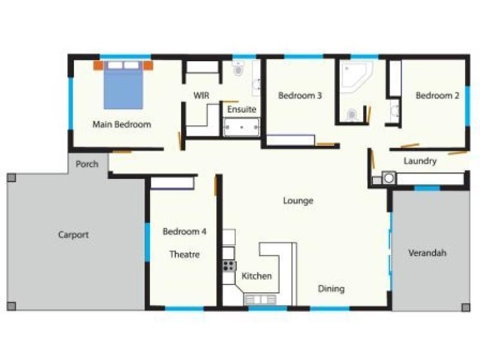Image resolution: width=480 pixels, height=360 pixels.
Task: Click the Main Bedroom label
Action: point(121,124)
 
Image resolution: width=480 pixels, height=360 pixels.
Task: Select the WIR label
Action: point(200,95)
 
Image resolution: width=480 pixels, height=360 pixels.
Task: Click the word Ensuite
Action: point(242,110)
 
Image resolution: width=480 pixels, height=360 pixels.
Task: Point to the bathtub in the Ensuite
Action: point(241,127)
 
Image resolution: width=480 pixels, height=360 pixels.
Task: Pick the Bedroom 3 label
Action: point(300,95)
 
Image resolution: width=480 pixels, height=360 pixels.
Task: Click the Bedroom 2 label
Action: point(437,95)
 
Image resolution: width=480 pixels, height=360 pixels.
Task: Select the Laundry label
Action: point(420,161)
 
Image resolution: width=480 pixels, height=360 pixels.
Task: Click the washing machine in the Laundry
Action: point(388,178)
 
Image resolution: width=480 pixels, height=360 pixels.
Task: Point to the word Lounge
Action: point(298,201)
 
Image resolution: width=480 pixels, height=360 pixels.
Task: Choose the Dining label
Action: point(331,289)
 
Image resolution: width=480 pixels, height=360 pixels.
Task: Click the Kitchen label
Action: point(257,276)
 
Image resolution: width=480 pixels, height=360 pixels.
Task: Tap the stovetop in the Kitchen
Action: point(229,266)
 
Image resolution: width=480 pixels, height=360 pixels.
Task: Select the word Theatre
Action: point(184,254)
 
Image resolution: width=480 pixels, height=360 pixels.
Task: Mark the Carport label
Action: point(73,235)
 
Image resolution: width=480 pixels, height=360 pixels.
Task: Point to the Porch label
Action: point(87,164)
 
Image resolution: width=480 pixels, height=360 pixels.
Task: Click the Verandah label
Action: point(427,253)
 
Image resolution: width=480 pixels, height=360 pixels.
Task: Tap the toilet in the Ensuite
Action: point(238,70)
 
